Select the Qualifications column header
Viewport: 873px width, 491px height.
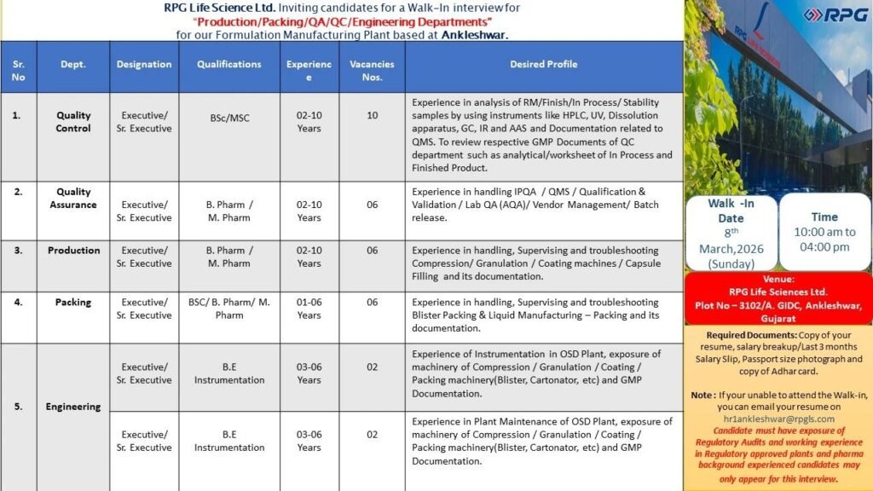tap(228, 64)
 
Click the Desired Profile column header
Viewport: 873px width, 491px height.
tap(543, 64)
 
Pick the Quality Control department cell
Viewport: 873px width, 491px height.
tap(73, 122)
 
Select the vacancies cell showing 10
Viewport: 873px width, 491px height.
tap(372, 115)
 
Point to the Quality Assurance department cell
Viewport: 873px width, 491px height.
tap(73, 198)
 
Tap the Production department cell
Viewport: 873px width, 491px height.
tap(73, 251)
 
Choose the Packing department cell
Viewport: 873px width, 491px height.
tap(73, 302)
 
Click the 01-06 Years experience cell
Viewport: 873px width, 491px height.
tap(309, 309)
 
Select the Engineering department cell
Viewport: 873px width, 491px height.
tap(73, 407)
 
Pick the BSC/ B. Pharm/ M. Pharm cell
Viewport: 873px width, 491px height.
tap(228, 309)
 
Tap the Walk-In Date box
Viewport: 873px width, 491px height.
tap(731, 233)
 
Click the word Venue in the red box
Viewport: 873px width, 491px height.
tap(778, 279)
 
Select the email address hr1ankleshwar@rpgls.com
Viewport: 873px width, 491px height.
tap(778, 419)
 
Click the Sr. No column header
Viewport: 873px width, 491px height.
tap(19, 70)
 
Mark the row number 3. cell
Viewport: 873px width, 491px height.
tap(19, 251)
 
